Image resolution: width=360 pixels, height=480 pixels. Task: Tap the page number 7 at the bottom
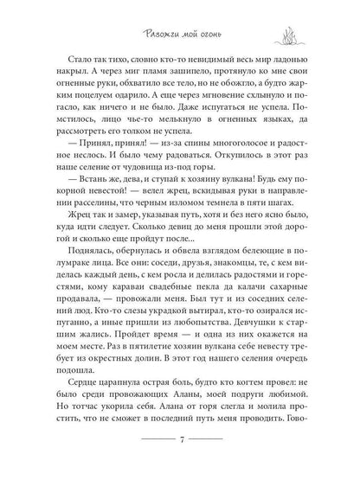[x=179, y=456]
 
